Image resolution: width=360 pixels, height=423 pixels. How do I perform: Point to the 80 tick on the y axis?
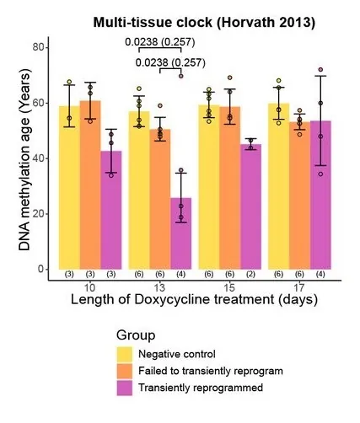coord(37,47)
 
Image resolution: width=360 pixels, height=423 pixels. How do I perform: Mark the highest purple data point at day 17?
coord(320,70)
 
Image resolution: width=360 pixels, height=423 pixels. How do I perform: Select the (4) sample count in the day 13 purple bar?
coord(181,274)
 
